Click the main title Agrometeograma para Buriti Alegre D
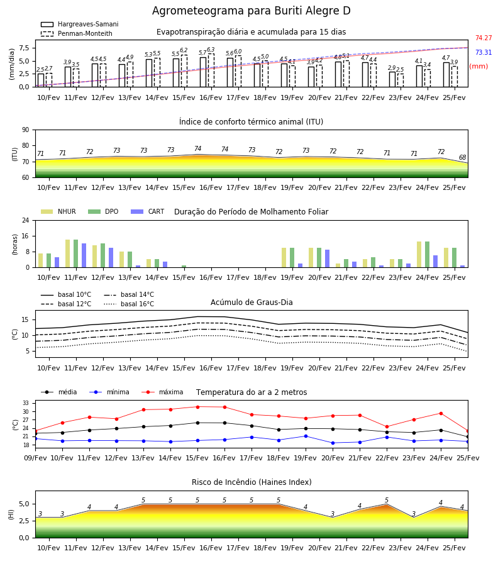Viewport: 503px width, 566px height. coord(251,11)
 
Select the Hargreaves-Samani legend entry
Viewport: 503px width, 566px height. coord(79,24)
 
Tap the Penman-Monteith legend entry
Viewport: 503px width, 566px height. coord(77,33)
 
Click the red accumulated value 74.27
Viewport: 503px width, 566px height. coord(484,38)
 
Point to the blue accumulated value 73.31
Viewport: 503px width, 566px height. coord(484,52)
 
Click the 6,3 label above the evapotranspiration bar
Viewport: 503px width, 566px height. coord(211,50)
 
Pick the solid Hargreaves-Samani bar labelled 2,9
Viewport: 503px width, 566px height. coord(392,79)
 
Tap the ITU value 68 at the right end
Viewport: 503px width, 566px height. coord(463,157)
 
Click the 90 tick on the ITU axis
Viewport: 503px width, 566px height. coord(26,130)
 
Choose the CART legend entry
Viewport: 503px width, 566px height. coord(148,211)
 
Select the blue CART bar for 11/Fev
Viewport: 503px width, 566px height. coord(84,255)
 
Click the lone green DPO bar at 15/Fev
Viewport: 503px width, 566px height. coord(184,267)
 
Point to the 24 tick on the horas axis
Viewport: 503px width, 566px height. coord(26,220)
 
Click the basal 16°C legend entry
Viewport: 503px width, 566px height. coord(129,304)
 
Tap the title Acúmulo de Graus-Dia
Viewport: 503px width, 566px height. coord(251,302)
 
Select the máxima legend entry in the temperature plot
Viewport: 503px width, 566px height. coord(163,392)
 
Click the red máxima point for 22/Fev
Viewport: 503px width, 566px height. coord(387,426)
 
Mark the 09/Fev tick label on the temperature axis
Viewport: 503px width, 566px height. coord(35,458)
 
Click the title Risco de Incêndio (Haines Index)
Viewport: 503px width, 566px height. coord(251,482)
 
